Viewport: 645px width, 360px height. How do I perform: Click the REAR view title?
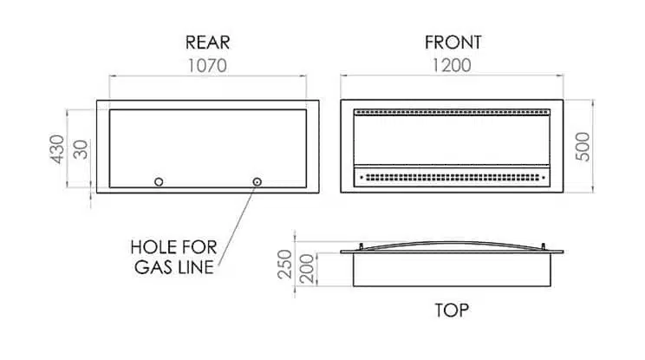click(207, 43)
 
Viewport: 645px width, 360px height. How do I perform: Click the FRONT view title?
click(453, 43)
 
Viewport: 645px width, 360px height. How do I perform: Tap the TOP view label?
click(452, 311)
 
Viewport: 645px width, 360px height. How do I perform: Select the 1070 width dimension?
click(207, 66)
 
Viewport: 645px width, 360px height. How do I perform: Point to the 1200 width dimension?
click(452, 65)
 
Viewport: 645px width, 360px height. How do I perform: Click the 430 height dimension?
click(57, 149)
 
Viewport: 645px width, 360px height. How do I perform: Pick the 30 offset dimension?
click(81, 149)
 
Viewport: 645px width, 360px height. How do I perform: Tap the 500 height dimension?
click(583, 147)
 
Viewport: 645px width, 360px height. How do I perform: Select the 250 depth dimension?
click(284, 264)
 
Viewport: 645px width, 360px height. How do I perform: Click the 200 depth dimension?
click(307, 269)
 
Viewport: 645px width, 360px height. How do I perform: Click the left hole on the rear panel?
click(159, 182)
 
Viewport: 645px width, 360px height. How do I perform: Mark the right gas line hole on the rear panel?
click(257, 182)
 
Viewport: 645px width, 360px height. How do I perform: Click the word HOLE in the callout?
click(149, 247)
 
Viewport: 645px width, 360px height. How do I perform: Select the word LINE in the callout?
click(197, 267)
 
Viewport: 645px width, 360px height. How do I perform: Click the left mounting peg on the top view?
click(362, 246)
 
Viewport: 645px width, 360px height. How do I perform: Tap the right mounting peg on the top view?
click(543, 246)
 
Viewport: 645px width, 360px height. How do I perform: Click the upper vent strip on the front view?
click(452, 112)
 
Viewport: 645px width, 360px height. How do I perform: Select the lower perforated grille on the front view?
click(452, 178)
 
